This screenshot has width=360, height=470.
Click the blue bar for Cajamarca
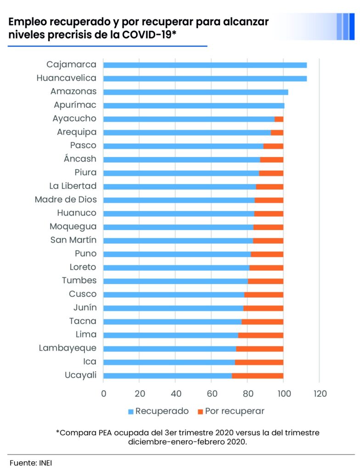[205, 65]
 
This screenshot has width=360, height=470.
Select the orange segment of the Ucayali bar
[257, 375]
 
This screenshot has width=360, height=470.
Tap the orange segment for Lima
[260, 335]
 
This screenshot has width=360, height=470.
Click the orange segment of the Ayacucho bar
[279, 119]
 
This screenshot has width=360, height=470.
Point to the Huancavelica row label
[66, 78]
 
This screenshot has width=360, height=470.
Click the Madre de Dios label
[65, 200]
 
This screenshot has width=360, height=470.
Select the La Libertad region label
[73, 186]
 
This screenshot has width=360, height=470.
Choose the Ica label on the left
[90, 362]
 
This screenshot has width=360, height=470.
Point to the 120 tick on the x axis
[320, 393]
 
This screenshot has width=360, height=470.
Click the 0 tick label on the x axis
[103, 393]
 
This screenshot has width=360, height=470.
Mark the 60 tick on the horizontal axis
[212, 393]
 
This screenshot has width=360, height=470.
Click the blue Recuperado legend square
[131, 411]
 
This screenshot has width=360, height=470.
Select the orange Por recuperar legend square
[200, 411]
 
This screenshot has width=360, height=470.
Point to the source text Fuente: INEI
[31, 462]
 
